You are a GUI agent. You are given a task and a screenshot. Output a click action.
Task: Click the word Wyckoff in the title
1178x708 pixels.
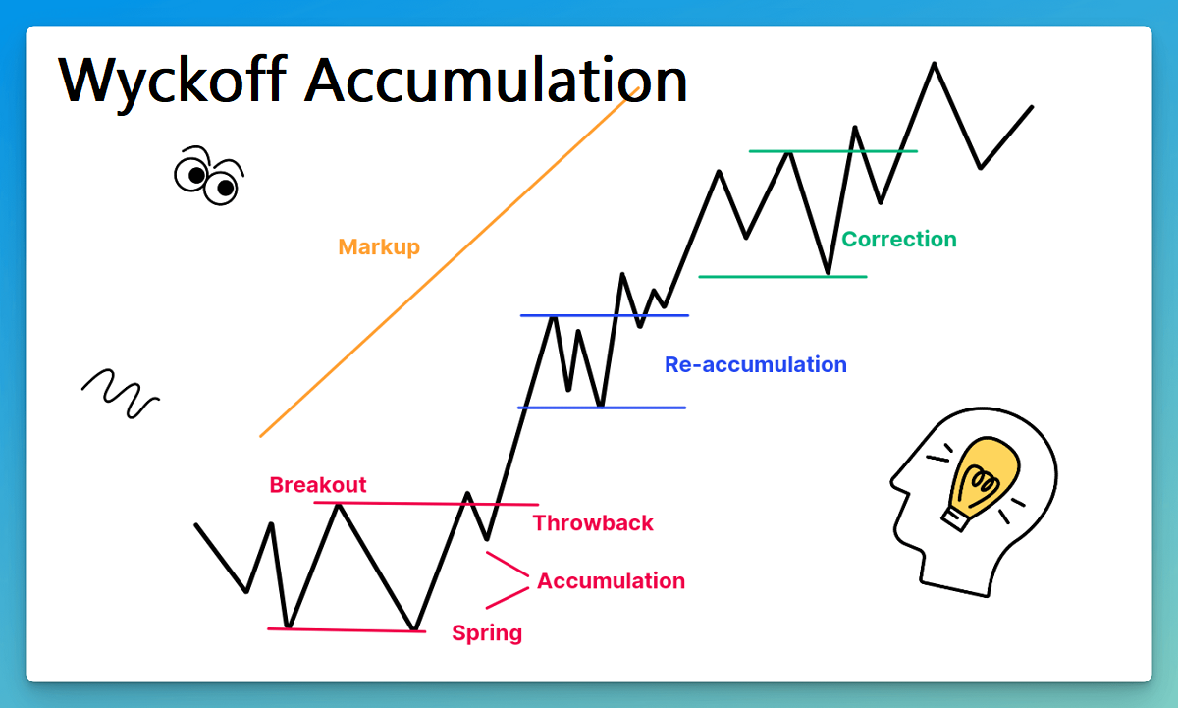173,80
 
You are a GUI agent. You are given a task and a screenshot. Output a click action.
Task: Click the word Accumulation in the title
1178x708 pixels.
496,80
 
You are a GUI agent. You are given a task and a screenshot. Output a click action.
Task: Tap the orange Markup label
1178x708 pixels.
379,246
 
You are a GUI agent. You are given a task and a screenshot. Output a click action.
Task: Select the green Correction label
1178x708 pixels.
898,239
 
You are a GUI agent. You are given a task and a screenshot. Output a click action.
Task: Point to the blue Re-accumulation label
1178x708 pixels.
755,364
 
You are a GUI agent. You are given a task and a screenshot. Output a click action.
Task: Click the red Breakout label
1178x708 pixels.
318,485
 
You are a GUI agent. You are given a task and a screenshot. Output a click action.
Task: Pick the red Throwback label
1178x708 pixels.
593,523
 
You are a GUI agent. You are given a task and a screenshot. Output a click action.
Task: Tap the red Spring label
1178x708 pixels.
487,633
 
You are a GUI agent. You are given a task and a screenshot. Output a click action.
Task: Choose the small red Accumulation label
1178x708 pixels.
611,581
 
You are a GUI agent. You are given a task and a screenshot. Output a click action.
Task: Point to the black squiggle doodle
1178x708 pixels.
120,393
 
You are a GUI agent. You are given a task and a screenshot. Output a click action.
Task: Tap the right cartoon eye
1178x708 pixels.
223,186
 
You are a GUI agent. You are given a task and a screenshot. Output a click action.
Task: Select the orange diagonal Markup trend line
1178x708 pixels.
442,265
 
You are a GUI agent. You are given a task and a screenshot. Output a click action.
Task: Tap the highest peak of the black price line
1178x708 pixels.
933,64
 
